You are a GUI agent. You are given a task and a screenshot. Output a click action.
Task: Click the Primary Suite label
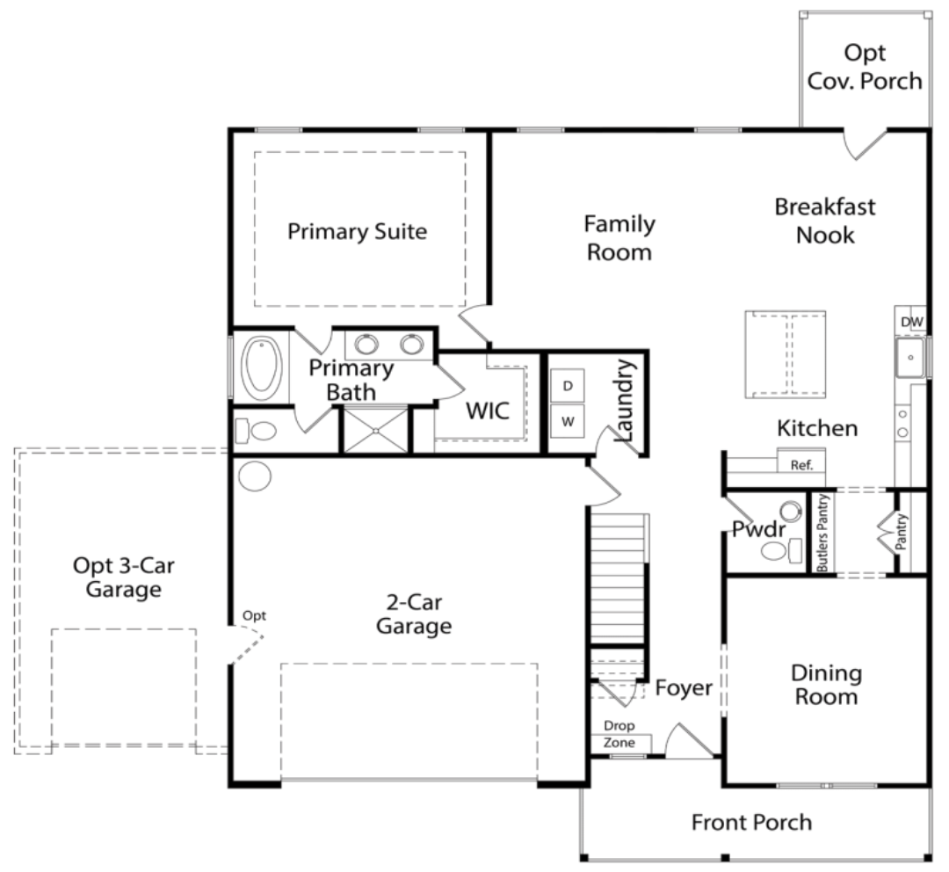(357, 231)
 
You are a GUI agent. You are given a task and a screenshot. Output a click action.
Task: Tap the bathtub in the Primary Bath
(262, 366)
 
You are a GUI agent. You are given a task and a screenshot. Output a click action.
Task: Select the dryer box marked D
(567, 386)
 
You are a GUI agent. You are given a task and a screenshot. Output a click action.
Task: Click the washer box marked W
(567, 421)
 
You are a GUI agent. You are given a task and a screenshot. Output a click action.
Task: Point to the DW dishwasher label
(911, 322)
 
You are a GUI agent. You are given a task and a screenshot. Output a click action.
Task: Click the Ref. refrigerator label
(801, 465)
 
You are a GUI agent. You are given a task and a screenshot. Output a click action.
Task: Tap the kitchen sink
(910, 358)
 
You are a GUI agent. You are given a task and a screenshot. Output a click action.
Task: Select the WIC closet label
(488, 411)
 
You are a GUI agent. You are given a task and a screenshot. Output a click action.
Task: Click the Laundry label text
(624, 400)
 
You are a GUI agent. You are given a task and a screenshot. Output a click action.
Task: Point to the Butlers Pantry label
(822, 533)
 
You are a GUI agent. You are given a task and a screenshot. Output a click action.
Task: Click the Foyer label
(684, 688)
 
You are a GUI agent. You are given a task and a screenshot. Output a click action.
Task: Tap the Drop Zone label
(619, 734)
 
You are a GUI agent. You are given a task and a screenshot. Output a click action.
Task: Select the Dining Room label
(826, 685)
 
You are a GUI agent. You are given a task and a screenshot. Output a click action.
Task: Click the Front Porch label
(751, 823)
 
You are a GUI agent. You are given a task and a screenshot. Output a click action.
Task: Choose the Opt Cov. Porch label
(865, 67)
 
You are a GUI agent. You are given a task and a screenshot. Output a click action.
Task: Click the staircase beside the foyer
(618, 579)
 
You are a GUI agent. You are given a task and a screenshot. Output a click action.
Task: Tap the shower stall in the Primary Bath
(376, 430)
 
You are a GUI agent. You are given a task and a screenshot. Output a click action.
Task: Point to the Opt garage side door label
(254, 616)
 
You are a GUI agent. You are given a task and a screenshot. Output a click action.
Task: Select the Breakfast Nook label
(825, 221)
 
